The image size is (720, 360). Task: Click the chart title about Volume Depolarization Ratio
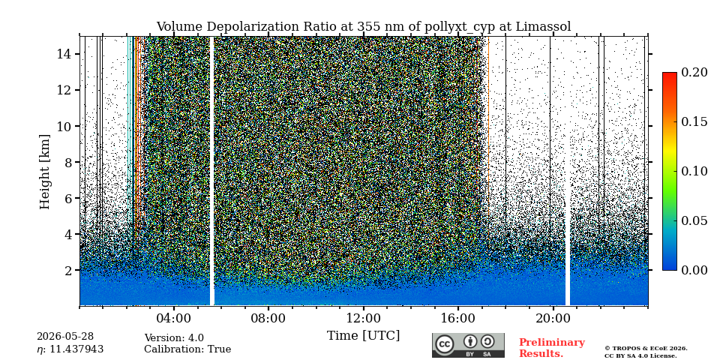[x=364, y=27]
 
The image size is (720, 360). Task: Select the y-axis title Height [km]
[x=44, y=172]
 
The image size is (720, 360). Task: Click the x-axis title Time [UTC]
[x=363, y=336]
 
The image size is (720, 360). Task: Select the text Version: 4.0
[x=174, y=338]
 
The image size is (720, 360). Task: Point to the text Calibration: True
[x=187, y=349]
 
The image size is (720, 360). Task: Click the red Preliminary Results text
[x=552, y=348]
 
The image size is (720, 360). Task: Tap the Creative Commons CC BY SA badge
[x=468, y=345]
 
